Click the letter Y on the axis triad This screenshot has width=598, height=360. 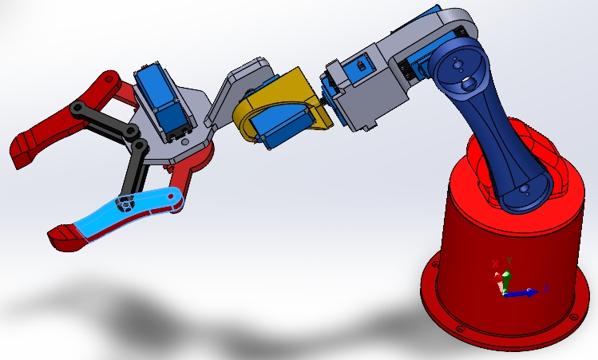pyautogui.click(x=509, y=260)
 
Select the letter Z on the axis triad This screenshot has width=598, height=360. pyautogui.click(x=545, y=286)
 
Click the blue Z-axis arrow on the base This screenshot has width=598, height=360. pyautogui.click(x=524, y=293)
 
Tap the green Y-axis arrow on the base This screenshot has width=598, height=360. pyautogui.click(x=505, y=279)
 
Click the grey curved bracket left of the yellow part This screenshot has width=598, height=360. pyautogui.click(x=232, y=92)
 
